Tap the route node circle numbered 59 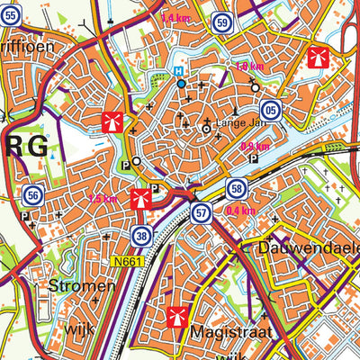click(x=222, y=22)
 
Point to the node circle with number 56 click(x=33, y=194)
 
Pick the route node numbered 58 click(x=237, y=188)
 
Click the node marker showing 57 click(x=201, y=213)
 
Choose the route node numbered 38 click(x=140, y=236)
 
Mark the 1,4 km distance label click(x=175, y=17)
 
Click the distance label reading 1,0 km click(x=247, y=67)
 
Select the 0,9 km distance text click(x=255, y=146)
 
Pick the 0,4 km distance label click(x=242, y=210)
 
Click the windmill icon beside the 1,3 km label click(x=139, y=198)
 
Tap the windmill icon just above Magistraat click(x=176, y=316)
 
